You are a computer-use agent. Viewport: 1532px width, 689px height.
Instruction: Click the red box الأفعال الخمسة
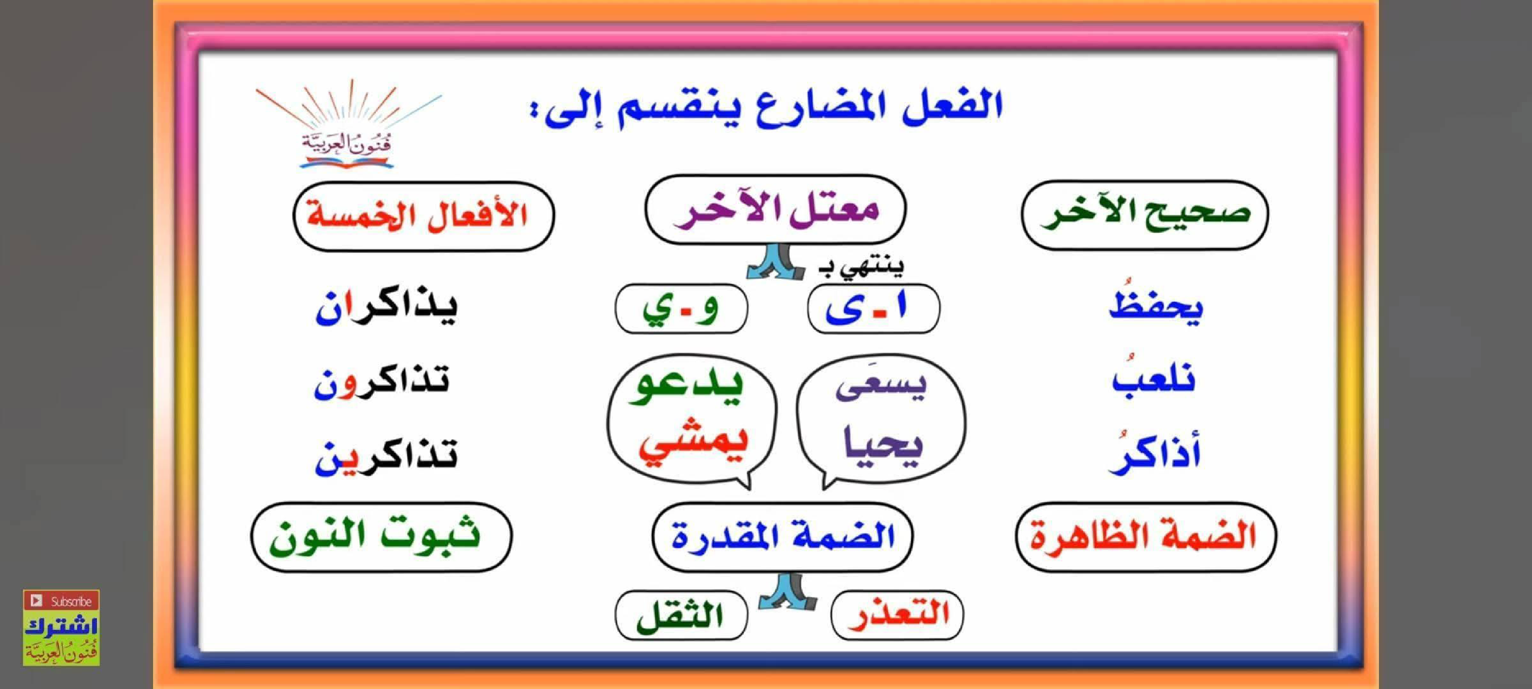click(x=423, y=216)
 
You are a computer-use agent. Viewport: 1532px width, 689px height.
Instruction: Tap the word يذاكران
click(x=387, y=307)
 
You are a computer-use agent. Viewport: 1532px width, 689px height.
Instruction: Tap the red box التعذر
click(x=897, y=615)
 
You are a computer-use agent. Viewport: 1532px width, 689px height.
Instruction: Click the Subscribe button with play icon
click(x=61, y=601)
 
